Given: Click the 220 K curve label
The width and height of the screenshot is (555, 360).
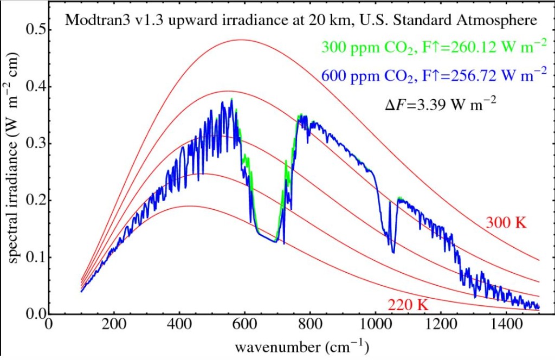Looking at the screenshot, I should (408, 304).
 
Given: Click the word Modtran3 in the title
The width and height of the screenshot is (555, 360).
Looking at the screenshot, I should (93, 21).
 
